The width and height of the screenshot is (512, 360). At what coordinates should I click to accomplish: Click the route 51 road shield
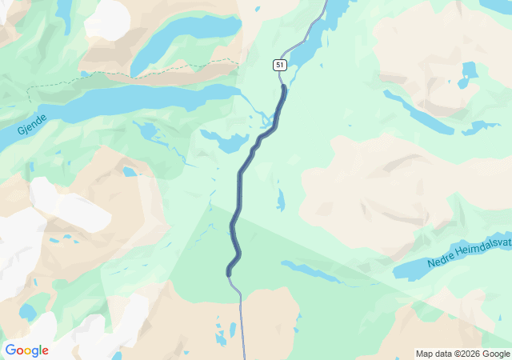point(278,64)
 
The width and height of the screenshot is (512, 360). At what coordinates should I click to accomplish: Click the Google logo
point(26,350)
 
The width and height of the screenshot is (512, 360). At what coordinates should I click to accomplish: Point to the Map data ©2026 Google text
point(462,354)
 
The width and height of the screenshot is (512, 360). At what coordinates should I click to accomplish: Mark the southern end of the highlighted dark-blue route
point(229,274)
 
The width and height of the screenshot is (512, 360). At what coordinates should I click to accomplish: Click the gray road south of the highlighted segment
point(240,320)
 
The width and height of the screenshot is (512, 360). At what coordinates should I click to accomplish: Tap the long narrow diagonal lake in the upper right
point(416,112)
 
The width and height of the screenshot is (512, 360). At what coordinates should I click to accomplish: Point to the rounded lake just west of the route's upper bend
point(227,142)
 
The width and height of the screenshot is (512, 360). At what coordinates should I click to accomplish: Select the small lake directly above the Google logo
point(28,310)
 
